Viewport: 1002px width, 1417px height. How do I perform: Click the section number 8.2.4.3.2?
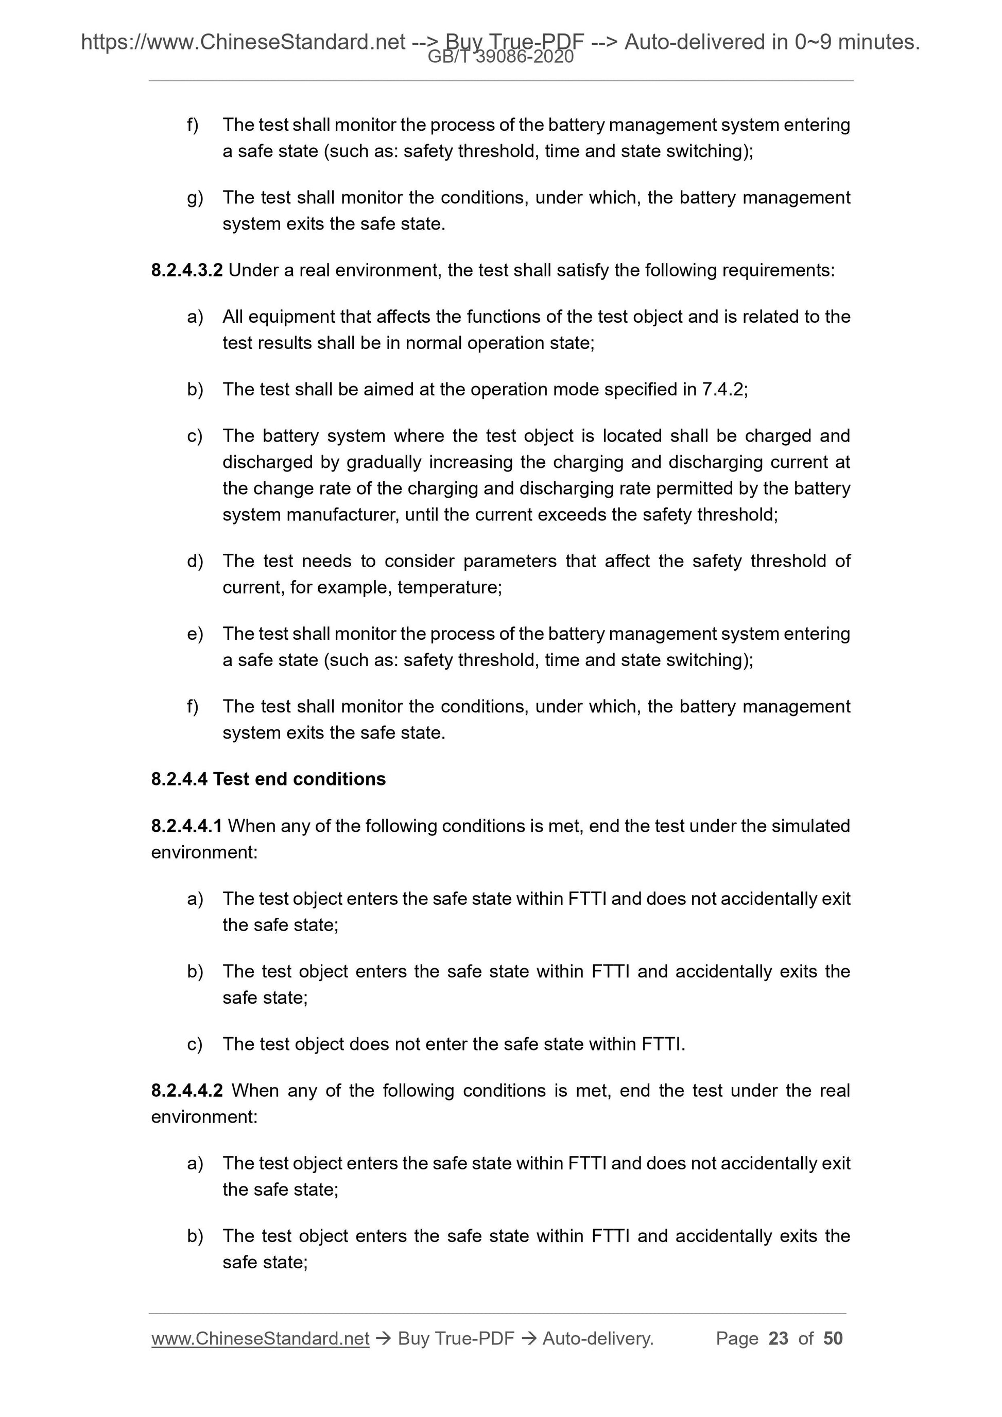(x=186, y=270)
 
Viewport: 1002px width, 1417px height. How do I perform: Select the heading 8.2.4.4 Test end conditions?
(x=268, y=779)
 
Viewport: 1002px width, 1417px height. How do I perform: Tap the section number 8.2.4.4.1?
(x=186, y=826)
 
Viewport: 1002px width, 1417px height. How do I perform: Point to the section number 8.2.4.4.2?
(x=186, y=1091)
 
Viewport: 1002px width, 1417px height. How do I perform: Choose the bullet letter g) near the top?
(x=195, y=198)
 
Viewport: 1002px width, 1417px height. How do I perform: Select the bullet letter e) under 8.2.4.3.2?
(x=195, y=634)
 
